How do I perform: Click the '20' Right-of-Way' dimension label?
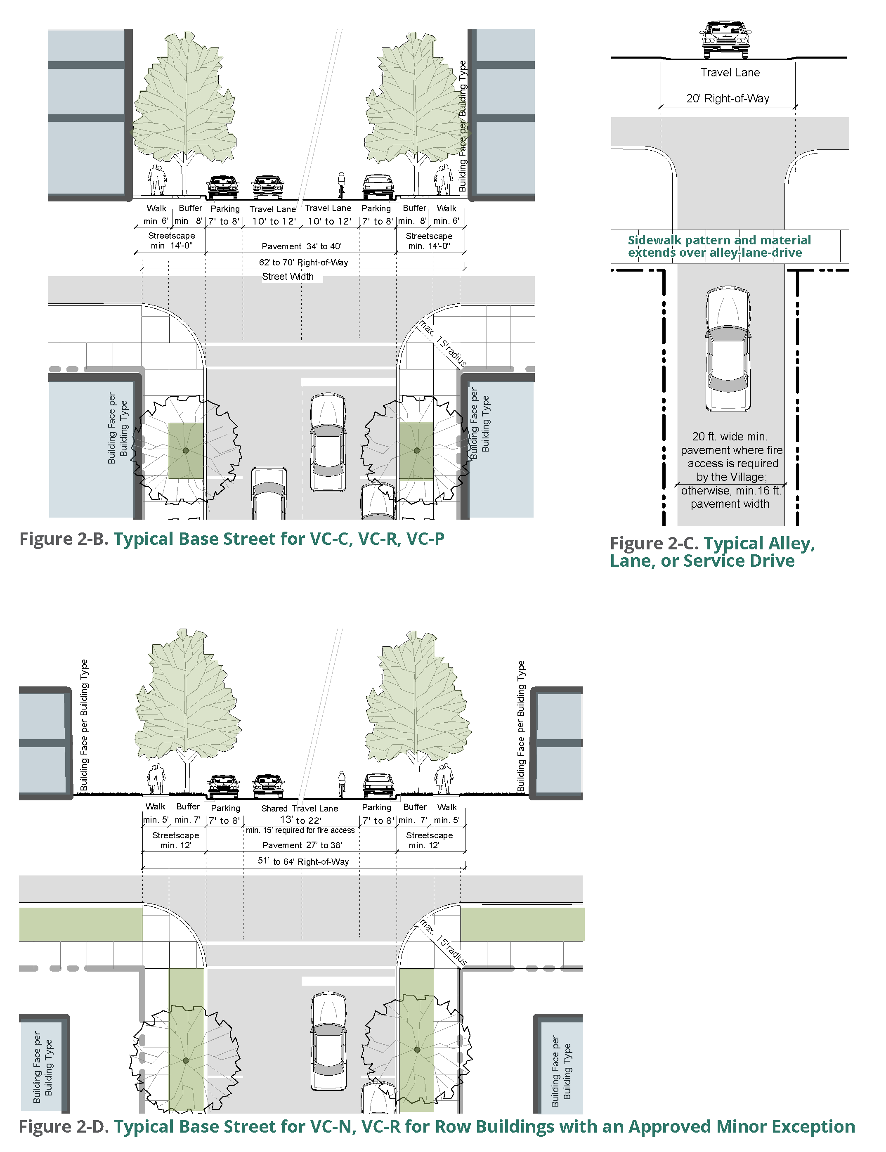[x=728, y=99]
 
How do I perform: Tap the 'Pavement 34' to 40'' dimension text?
[x=302, y=246]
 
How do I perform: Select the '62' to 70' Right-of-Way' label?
[x=303, y=262]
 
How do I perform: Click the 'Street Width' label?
[x=288, y=277]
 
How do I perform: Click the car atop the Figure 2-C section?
[x=725, y=40]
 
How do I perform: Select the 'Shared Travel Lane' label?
[x=300, y=808]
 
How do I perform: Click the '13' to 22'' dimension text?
[x=300, y=820]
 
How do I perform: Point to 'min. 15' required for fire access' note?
[x=300, y=830]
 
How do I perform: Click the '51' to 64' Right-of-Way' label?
[x=303, y=861]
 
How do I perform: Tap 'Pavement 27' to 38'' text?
[x=302, y=845]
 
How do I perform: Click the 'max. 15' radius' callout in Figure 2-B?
[x=443, y=343]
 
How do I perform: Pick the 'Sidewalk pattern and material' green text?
[x=719, y=240]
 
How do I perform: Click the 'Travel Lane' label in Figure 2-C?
[x=730, y=73]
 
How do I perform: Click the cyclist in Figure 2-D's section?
[x=342, y=784]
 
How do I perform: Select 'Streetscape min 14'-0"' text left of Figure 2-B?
[x=171, y=241]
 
